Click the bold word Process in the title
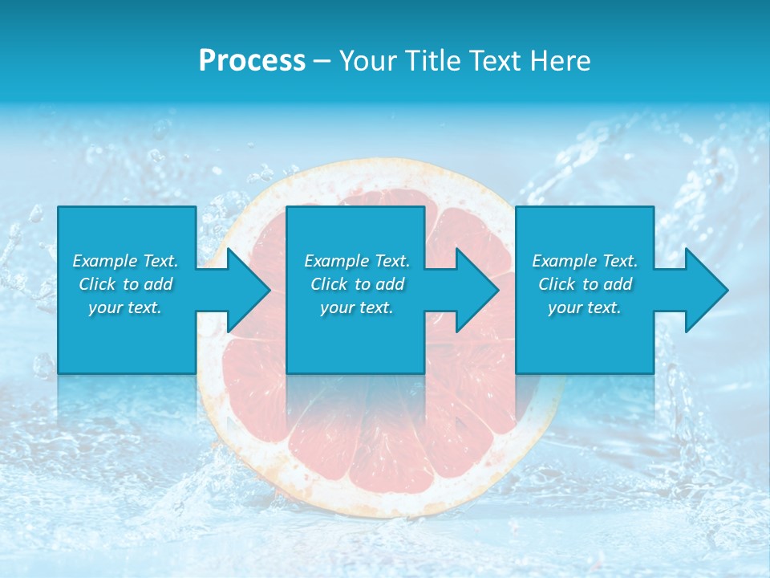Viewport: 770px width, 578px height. coord(252,61)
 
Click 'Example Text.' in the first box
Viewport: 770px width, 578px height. coord(126,261)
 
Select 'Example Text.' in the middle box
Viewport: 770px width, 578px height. coord(357,261)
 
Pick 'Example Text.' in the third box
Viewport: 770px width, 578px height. coord(585,261)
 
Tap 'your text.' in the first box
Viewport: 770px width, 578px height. coord(126,307)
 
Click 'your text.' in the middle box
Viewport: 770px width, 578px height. coord(357,307)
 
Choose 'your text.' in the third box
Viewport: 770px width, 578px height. coord(585,307)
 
